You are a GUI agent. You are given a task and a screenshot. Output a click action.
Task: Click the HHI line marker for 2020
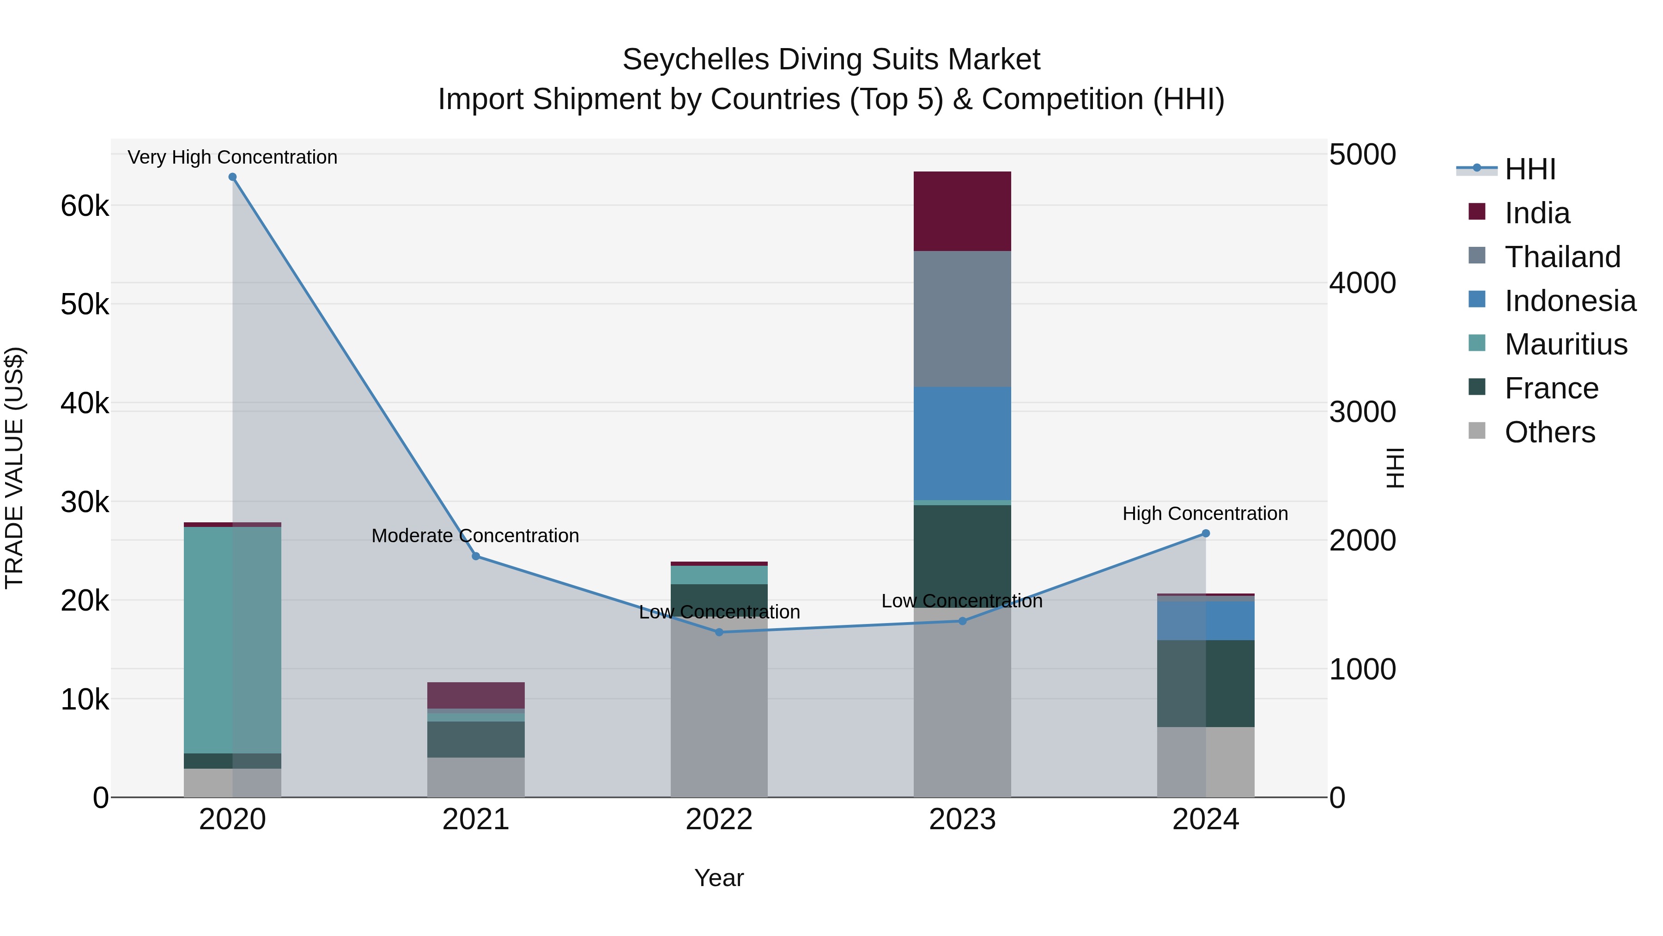(232, 177)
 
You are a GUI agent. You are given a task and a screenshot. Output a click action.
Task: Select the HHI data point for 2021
(476, 556)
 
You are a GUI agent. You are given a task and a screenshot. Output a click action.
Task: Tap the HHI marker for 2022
(719, 632)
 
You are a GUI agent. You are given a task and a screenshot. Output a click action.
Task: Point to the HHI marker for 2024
(1205, 533)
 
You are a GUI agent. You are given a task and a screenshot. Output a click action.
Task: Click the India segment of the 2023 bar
(962, 211)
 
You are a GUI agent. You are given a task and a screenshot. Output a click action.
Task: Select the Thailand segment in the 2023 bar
(962, 319)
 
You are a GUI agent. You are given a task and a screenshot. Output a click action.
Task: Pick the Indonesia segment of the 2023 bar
(962, 444)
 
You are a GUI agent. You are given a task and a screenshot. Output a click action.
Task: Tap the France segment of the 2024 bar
(1205, 684)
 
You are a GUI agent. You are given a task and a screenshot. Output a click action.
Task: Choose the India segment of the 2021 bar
(476, 695)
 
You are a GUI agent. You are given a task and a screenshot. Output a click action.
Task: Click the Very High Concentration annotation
(232, 157)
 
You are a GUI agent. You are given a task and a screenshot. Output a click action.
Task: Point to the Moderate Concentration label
(475, 536)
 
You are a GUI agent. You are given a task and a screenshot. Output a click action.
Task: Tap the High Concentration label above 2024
(1205, 514)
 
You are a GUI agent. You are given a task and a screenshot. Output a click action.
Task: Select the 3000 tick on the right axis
(1362, 411)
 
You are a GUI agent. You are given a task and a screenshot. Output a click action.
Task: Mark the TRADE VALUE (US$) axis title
(14, 468)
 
